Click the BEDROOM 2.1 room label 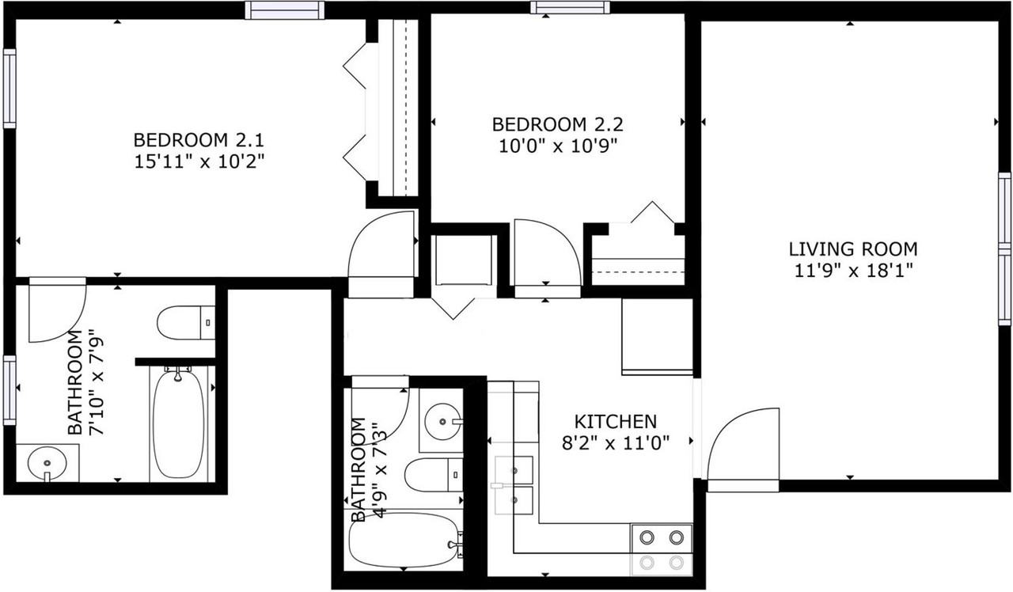[198, 141]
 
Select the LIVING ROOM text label [853, 249]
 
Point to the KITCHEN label [615, 421]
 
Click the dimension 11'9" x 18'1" [853, 271]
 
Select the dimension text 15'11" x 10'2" [198, 162]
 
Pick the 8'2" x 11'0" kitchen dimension [615, 442]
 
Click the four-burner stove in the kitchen [662, 549]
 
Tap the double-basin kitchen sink [514, 484]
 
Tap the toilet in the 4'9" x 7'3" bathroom [432, 475]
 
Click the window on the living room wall [1004, 249]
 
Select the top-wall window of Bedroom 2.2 [570, 8]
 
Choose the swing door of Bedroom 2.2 [546, 257]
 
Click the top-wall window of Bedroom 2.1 [283, 10]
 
